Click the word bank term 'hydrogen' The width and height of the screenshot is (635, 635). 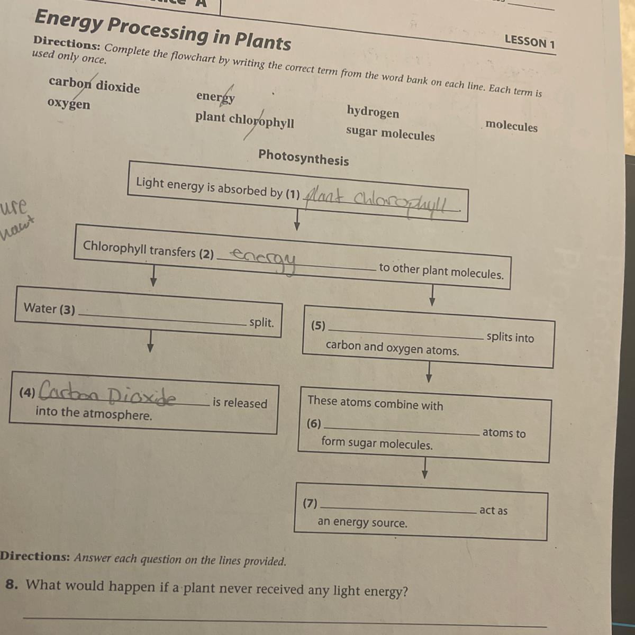click(x=373, y=112)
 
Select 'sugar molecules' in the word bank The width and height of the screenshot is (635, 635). click(x=390, y=134)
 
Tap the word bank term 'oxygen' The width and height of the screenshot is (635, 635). click(x=69, y=103)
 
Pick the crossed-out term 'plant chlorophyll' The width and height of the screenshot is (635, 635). click(x=244, y=120)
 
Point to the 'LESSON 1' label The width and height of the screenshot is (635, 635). click(x=529, y=42)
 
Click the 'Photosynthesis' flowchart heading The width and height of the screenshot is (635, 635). click(x=303, y=158)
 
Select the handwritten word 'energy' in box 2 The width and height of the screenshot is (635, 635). click(x=265, y=259)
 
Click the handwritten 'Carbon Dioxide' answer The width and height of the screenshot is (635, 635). click(x=108, y=394)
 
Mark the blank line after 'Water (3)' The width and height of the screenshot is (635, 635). click(x=161, y=319)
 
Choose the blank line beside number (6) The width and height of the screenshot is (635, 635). click(x=402, y=431)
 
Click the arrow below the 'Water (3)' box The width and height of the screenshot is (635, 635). click(x=151, y=341)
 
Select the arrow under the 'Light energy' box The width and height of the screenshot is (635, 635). click(x=297, y=219)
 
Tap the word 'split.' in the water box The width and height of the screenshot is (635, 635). click(x=261, y=322)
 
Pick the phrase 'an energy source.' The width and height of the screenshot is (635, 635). click(x=362, y=523)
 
